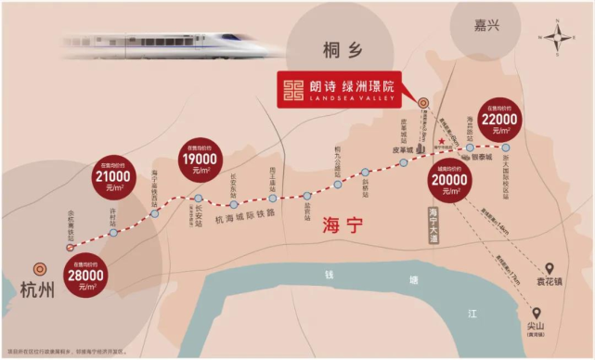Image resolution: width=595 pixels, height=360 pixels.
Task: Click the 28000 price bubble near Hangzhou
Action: tap(83, 277)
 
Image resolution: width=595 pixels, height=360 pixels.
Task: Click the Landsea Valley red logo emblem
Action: tap(299, 90)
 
